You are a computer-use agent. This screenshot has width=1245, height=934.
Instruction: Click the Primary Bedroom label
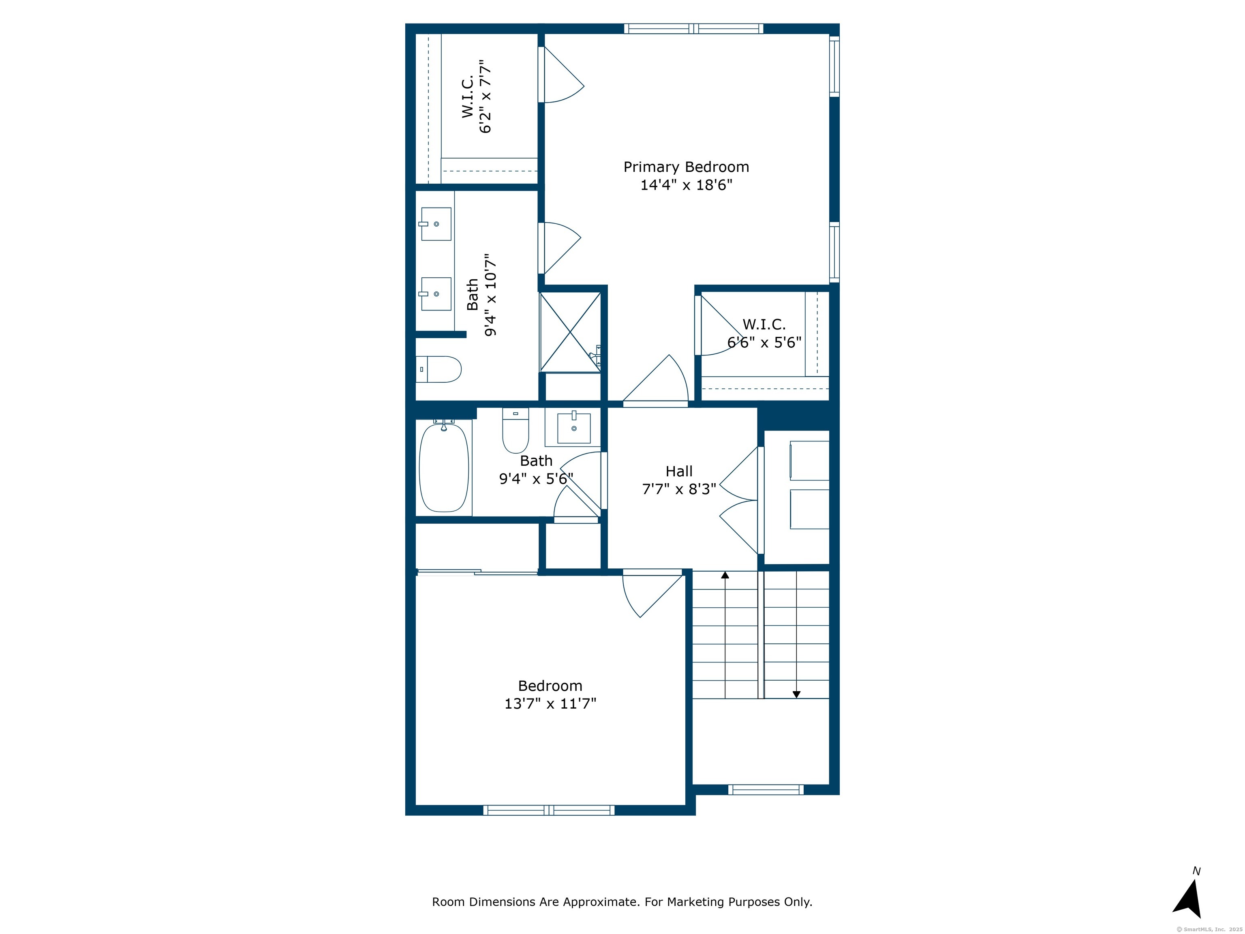tap(686, 167)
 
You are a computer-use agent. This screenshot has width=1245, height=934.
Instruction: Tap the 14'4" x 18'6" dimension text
tap(686, 185)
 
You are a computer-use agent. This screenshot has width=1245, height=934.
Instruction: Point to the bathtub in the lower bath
tap(444, 468)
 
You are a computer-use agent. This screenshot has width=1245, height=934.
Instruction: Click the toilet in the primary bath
tap(439, 369)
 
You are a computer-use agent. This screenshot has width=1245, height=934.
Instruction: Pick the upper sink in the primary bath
tap(436, 224)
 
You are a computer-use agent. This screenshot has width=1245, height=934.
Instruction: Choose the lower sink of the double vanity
tap(436, 294)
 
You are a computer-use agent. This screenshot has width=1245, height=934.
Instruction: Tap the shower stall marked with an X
tap(571, 332)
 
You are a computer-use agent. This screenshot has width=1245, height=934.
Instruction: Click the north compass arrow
tap(1189, 899)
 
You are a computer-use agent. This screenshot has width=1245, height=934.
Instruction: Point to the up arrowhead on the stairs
tap(725, 575)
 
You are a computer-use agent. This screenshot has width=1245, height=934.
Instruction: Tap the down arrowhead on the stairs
tap(796, 695)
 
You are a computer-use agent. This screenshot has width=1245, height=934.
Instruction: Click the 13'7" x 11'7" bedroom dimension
tap(550, 703)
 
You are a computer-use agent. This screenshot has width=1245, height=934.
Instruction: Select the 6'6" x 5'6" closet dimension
tap(764, 342)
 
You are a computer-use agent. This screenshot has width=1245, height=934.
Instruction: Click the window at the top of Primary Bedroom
tap(693, 29)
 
